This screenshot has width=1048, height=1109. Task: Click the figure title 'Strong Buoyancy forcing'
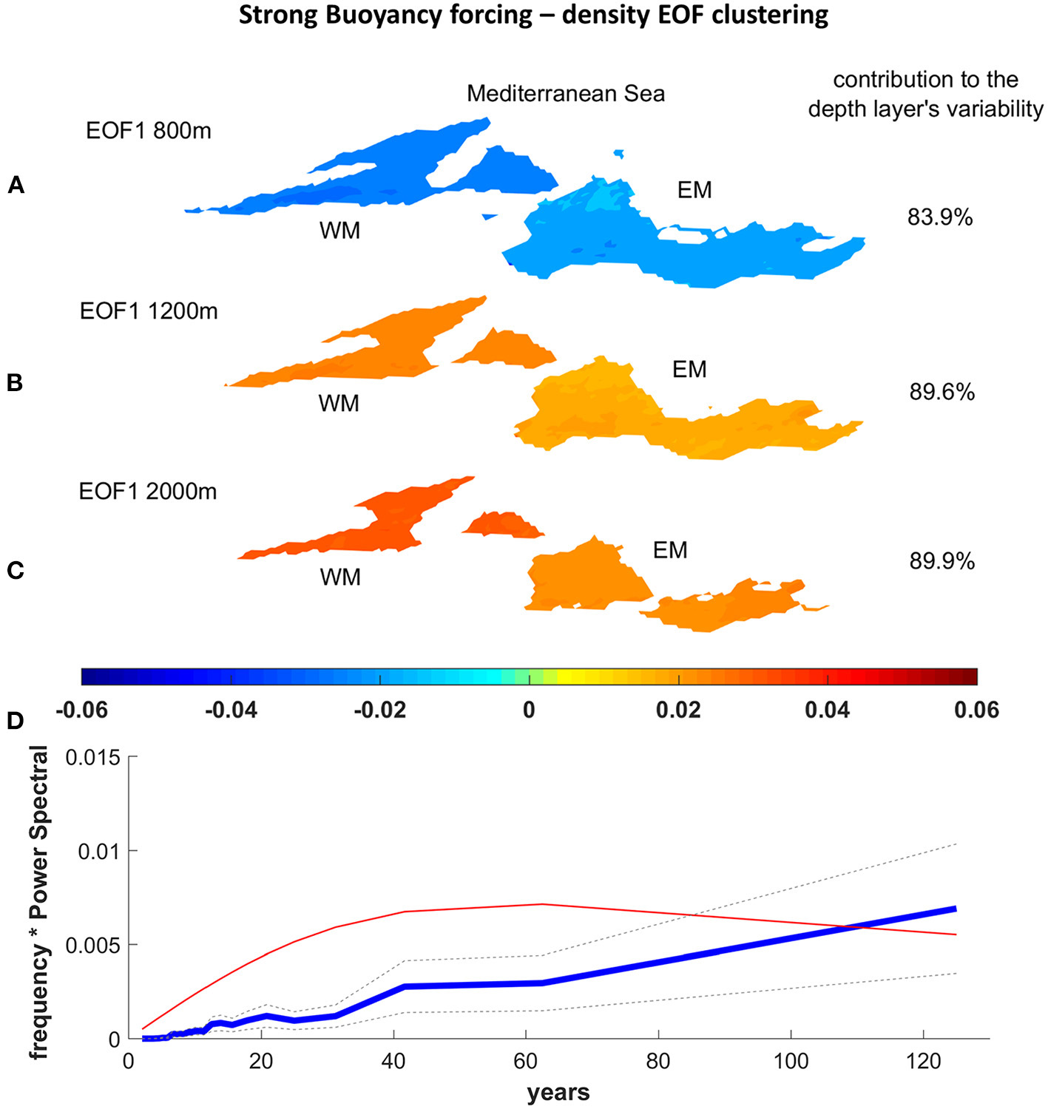pyautogui.click(x=533, y=16)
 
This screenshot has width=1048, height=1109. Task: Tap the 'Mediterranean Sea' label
pyautogui.click(x=566, y=94)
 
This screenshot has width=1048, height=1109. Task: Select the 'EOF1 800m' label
pyautogui.click(x=148, y=131)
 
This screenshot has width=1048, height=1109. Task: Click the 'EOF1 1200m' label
pyautogui.click(x=148, y=311)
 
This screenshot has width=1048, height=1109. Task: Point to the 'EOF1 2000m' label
pyautogui.click(x=147, y=492)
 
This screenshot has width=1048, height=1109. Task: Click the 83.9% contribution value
pyautogui.click(x=940, y=217)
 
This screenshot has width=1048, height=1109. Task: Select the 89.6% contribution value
pyautogui.click(x=941, y=392)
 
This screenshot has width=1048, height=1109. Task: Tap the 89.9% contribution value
pyautogui.click(x=941, y=561)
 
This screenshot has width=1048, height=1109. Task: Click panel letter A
pyautogui.click(x=16, y=186)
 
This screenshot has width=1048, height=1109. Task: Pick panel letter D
pyautogui.click(x=16, y=722)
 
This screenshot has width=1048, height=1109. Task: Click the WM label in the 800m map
pyautogui.click(x=339, y=231)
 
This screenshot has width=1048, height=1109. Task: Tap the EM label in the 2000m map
pyautogui.click(x=670, y=550)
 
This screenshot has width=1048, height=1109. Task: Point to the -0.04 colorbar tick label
pyautogui.click(x=231, y=710)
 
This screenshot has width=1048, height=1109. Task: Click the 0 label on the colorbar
pyautogui.click(x=529, y=710)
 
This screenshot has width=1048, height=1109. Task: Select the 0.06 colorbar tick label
pyautogui.click(x=976, y=710)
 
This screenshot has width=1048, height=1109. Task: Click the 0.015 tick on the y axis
pyautogui.click(x=92, y=758)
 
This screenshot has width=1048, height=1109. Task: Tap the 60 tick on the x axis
pyautogui.click(x=526, y=1062)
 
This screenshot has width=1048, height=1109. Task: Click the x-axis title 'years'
pyautogui.click(x=558, y=1093)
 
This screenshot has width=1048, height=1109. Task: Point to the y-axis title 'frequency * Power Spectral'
pyautogui.click(x=38, y=902)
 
